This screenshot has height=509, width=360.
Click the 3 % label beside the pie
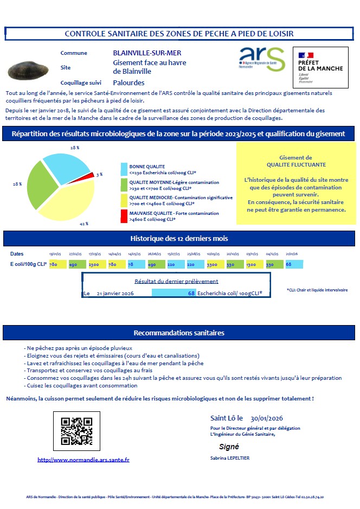tap(99, 174)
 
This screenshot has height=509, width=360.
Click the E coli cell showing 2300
tap(93, 264)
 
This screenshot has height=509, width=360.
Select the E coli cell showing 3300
tap(213, 264)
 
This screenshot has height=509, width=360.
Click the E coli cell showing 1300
tap(252, 264)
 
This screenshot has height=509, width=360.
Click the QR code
tap(76, 431)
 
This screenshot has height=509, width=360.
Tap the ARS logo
tap(261, 58)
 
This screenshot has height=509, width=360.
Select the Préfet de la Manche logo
tap(320, 64)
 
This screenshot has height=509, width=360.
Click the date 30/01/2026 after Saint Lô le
tap(267, 418)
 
